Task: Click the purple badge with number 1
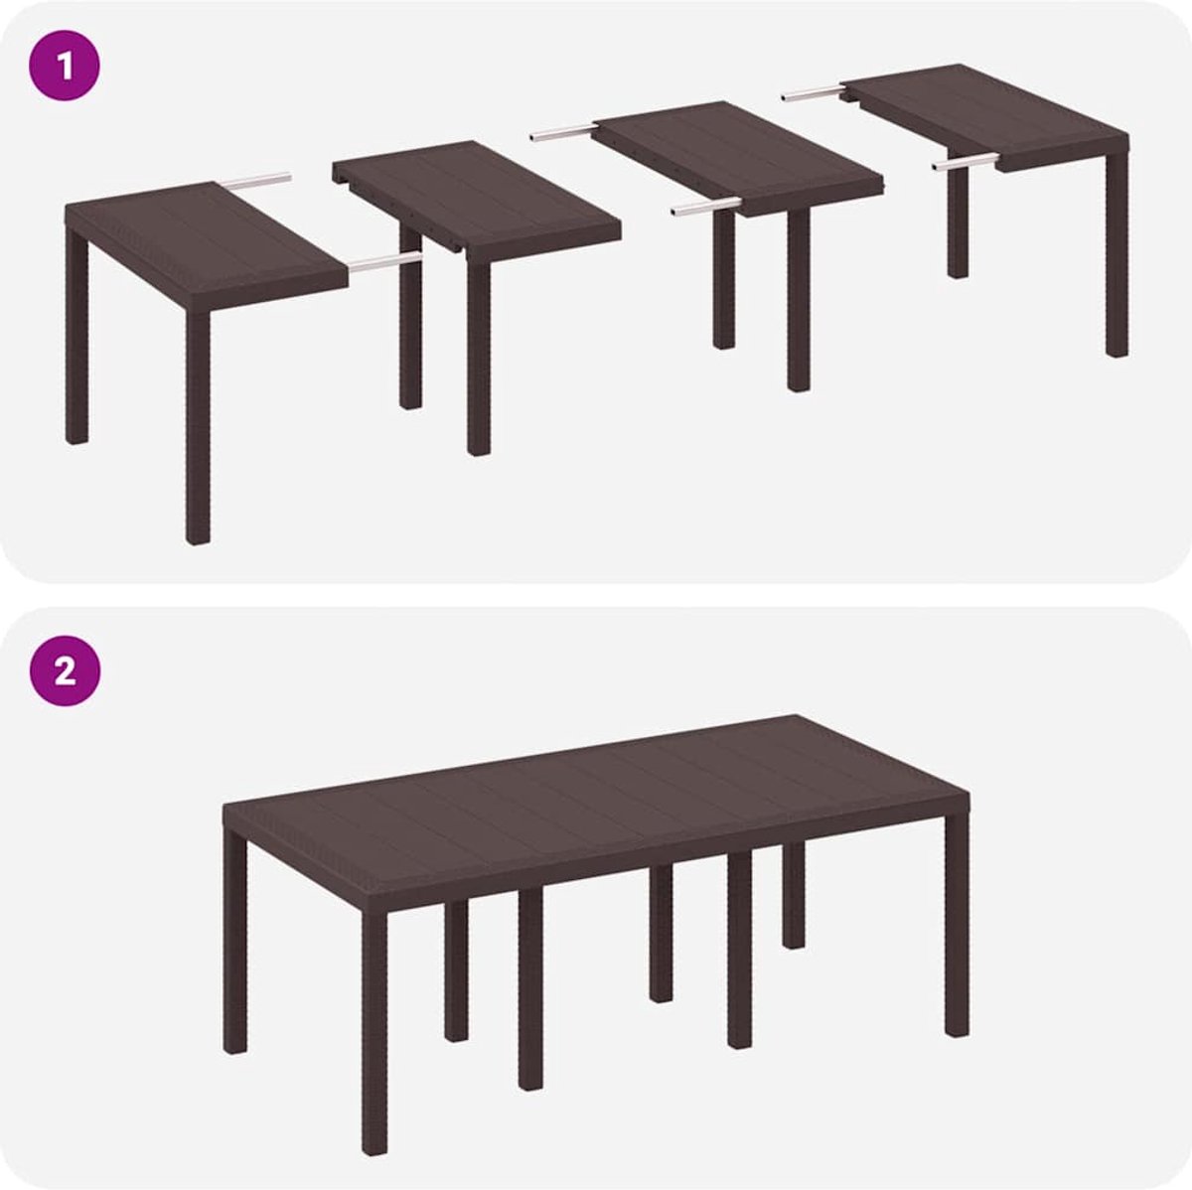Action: click(65, 65)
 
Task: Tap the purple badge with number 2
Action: click(65, 671)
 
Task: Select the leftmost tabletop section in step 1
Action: click(207, 246)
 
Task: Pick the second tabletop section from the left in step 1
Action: click(477, 202)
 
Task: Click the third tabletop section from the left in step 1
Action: click(739, 160)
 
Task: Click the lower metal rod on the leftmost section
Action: click(384, 261)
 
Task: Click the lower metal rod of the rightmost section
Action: click(966, 162)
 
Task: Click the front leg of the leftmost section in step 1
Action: click(198, 427)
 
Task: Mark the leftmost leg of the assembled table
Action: click(235, 940)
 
